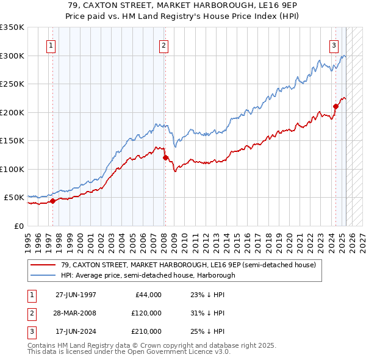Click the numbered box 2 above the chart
[x=164, y=45]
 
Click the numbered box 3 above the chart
[x=334, y=45]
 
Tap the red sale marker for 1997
[x=53, y=201]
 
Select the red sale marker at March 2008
[x=165, y=157]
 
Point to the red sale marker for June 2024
[x=335, y=106]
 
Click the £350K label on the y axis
[x=12, y=27]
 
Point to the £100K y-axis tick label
[x=12, y=169]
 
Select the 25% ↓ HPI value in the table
[x=207, y=331]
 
